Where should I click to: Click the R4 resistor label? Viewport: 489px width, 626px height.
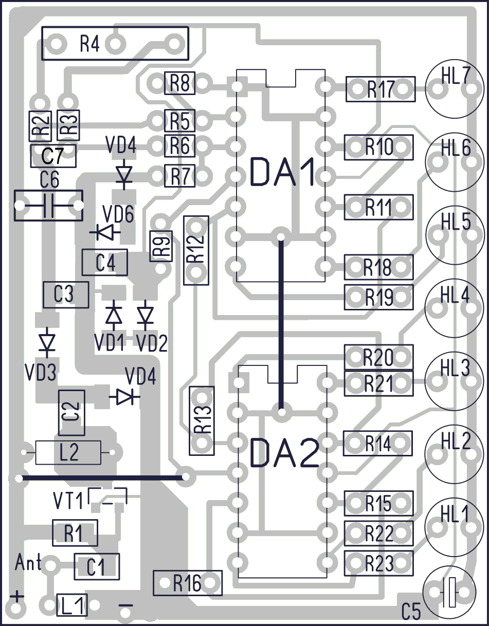[89, 44]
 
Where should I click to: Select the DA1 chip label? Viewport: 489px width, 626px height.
[282, 172]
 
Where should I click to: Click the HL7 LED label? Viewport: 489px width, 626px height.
[456, 76]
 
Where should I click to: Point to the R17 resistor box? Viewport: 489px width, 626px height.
[381, 89]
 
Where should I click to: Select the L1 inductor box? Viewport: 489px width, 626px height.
[72, 605]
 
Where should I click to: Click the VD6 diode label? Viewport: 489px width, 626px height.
[118, 214]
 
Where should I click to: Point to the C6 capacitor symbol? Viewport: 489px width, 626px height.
[48, 206]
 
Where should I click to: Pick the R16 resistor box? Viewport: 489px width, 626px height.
[188, 583]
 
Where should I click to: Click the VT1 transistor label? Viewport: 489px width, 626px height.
[68, 501]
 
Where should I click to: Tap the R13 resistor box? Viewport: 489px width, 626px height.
[202, 420]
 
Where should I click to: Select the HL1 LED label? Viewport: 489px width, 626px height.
[455, 514]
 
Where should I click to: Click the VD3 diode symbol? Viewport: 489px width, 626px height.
[47, 343]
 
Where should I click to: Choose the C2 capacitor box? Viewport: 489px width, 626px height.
[71, 413]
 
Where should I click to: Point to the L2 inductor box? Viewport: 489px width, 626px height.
[68, 453]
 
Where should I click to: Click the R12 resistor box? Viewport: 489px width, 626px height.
[196, 251]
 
